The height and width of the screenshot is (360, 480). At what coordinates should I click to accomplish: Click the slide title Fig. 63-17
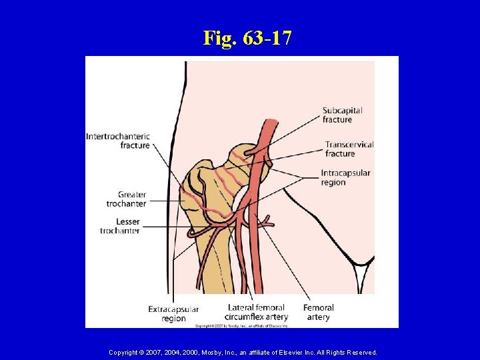247,38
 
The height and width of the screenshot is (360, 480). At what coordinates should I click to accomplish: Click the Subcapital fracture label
342,115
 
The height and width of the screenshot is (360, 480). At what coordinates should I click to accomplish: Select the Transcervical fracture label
349,149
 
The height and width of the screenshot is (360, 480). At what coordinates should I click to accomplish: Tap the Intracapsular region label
345,177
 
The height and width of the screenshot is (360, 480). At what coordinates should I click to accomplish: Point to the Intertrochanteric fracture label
118,141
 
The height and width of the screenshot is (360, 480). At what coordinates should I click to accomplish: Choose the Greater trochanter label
126,199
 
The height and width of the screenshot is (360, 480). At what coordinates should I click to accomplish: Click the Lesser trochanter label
120,226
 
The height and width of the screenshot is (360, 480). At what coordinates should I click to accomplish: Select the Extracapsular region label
173,313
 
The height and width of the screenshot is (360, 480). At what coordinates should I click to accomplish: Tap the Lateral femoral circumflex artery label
257,312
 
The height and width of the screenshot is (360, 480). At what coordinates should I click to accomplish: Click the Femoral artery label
319,312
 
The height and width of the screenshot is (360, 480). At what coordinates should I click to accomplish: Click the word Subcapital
342,111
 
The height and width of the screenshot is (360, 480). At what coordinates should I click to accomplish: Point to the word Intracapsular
345,173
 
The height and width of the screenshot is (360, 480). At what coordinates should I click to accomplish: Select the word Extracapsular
173,309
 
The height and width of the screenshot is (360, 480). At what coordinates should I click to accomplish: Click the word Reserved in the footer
359,352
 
